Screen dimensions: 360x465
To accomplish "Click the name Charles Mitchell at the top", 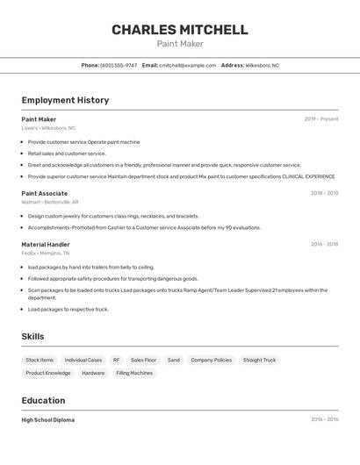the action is [179, 30].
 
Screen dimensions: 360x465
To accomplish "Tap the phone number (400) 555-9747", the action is [119, 65].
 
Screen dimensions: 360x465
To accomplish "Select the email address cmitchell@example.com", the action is [187, 65].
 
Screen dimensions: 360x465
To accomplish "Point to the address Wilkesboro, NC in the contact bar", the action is [262, 65].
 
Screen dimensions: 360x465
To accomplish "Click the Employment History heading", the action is [65, 100].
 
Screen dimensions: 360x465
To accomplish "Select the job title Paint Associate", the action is [44, 193].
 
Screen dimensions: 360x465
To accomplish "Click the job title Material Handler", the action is [46, 245].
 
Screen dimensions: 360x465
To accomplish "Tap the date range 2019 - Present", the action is [320, 119].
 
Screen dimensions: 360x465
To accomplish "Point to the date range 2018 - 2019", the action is [324, 193].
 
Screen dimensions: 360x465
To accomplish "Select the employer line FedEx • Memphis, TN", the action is [46, 254].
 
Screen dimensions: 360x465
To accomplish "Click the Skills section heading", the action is [32, 337].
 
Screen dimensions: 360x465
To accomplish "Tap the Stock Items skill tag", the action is [40, 360].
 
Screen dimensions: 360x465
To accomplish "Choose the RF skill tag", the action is [116, 360].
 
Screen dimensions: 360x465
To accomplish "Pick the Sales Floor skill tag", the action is [143, 360].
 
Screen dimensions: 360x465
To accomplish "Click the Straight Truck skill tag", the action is [259, 360].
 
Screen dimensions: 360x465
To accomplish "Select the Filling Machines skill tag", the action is [134, 373].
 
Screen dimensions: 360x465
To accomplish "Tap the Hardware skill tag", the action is [93, 373].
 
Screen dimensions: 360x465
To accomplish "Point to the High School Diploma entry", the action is [48, 420].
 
